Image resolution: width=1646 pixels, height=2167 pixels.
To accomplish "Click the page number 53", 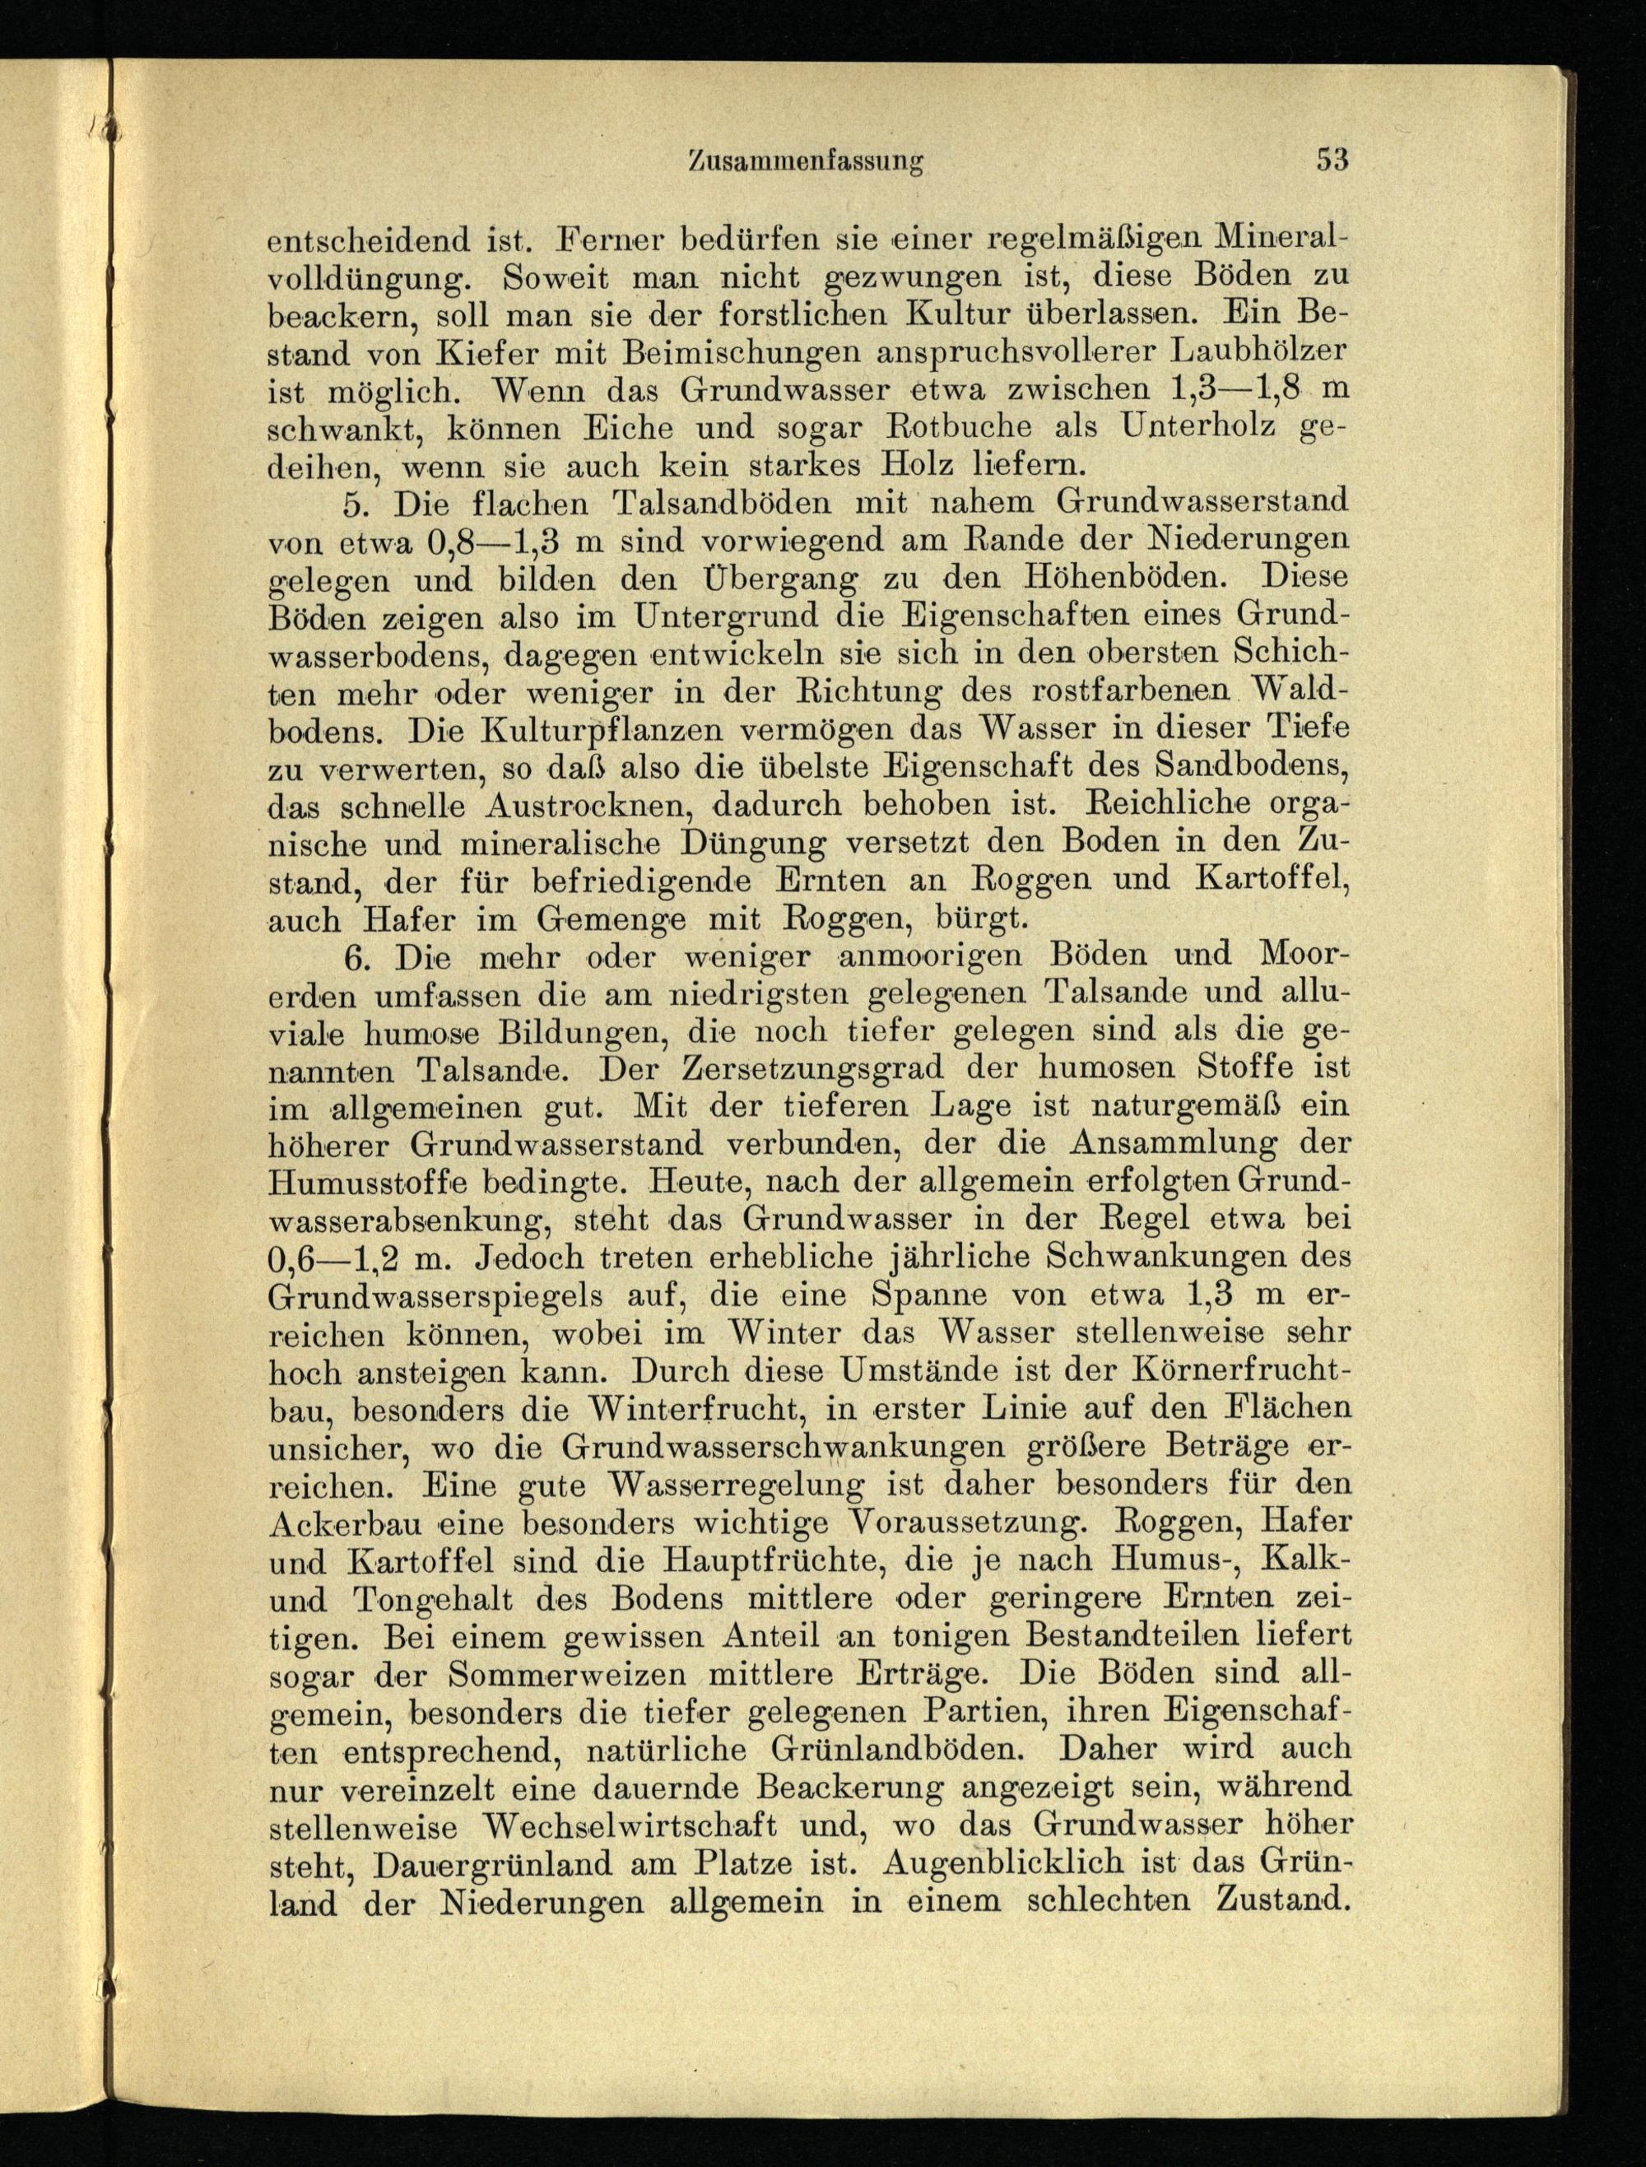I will click(x=1332, y=159).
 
